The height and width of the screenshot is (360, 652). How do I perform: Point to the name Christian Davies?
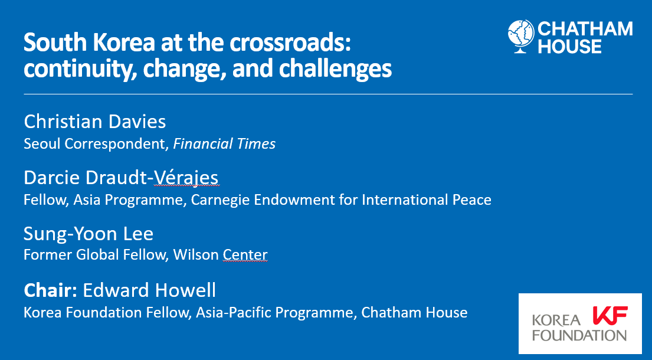coord(95,122)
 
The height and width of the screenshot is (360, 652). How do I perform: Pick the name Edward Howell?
coord(149,290)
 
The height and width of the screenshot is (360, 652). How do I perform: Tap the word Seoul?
coord(39,144)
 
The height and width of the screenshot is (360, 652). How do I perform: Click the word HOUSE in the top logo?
coord(569,47)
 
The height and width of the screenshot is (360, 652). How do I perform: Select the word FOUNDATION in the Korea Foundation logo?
coord(579,335)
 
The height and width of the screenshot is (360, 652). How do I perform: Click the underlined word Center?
coord(245,255)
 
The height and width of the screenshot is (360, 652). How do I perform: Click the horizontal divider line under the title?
coord(327,94)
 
